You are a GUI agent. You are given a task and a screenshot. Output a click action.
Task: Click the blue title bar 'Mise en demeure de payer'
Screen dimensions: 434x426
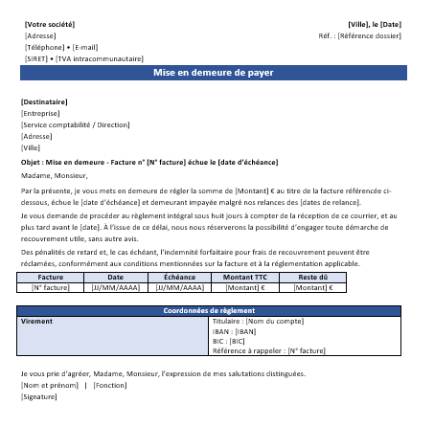214,73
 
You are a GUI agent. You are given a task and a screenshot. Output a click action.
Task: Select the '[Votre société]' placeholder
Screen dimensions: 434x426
48,23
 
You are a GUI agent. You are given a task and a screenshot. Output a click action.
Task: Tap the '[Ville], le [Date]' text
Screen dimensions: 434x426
375,23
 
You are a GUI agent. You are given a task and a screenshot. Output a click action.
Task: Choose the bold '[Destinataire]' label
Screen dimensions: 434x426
44,101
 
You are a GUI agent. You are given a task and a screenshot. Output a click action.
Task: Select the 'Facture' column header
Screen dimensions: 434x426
50,277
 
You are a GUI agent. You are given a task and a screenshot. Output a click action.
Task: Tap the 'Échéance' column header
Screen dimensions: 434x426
180,277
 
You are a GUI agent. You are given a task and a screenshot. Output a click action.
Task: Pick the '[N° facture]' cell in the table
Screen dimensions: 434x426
50,286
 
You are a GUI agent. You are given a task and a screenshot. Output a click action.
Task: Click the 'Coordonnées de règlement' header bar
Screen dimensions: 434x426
214,311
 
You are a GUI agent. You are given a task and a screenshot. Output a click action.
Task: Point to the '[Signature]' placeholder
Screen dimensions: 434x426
39,395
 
